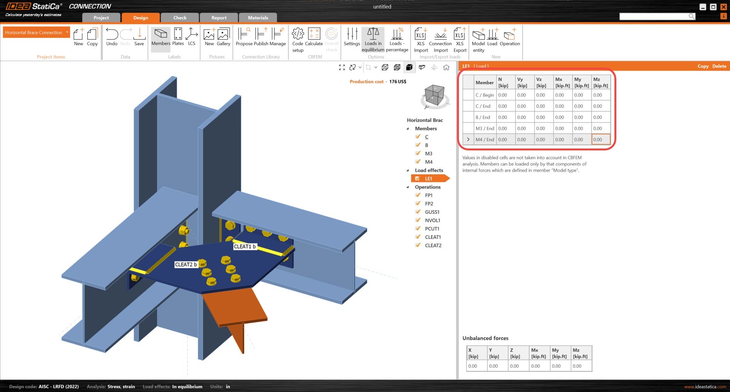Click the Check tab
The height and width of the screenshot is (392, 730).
(180, 17)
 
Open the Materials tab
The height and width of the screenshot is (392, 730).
(258, 17)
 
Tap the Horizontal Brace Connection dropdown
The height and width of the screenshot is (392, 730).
(36, 32)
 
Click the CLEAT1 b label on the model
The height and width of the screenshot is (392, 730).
(244, 247)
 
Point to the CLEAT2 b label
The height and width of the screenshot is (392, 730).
(186, 264)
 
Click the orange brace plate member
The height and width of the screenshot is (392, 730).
(236, 308)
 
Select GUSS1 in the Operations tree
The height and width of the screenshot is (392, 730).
(432, 212)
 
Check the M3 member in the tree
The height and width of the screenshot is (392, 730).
(428, 153)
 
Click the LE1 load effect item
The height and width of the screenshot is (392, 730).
(428, 179)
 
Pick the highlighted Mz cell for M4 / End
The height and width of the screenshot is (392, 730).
(600, 139)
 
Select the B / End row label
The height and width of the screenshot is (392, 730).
(484, 117)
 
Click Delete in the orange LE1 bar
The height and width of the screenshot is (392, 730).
(719, 66)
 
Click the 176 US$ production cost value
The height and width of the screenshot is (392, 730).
(397, 82)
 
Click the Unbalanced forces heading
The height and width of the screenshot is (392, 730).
(485, 338)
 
